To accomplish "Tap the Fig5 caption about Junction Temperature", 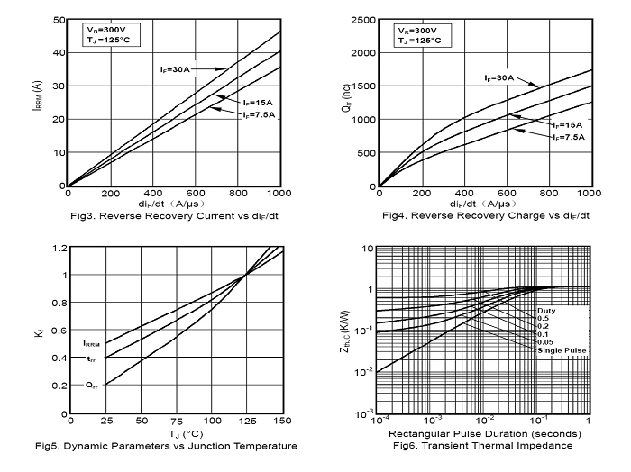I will pos(169,447).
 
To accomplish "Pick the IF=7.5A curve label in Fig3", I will pos(257,115).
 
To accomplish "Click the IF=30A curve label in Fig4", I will pos(495,77).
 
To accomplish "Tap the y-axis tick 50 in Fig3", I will pos(58,19).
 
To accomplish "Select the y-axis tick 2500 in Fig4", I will pos(361,19).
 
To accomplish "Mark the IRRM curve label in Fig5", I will pos(92,343).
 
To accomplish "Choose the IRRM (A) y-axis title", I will pos(37,103).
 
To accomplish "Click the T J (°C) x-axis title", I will pos(173,434).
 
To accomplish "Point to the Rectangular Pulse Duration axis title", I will pos(484,434).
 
